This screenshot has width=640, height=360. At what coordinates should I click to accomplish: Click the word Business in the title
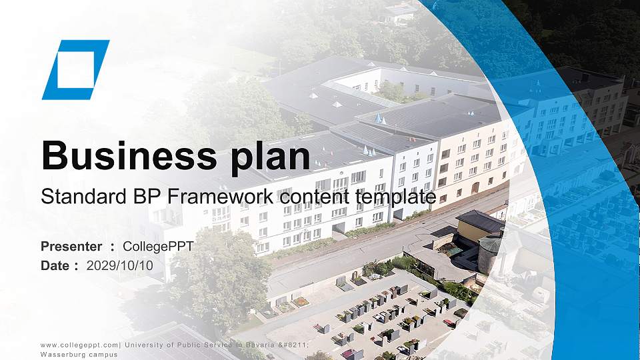125,155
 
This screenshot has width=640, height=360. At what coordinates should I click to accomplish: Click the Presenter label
71,247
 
